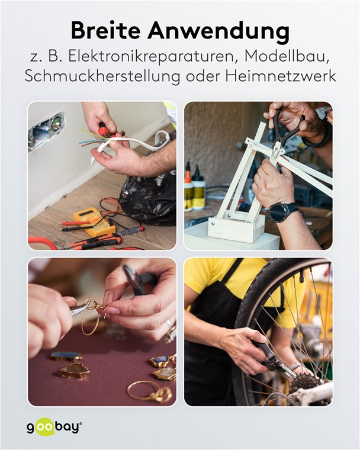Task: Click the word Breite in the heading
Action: click(105, 31)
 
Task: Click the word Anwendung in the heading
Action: click(218, 31)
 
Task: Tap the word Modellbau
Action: click(286, 57)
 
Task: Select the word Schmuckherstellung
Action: click(102, 76)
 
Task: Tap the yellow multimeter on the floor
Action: click(94, 221)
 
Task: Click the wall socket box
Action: click(46, 131)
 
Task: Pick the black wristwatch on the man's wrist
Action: click(281, 212)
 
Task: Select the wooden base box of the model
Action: click(236, 227)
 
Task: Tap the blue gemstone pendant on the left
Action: click(66, 356)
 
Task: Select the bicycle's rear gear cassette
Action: click(305, 383)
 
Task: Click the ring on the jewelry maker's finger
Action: click(169, 324)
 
